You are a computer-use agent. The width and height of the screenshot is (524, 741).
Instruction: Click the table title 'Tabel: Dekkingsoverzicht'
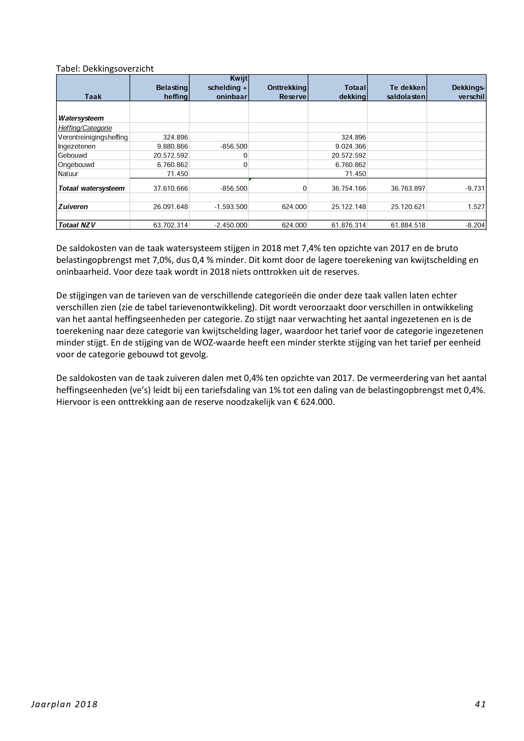(x=105, y=69)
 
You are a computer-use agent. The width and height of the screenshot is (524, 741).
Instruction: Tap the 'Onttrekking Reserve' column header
(x=287, y=92)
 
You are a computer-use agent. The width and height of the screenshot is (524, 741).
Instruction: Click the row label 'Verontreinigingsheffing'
(x=93, y=137)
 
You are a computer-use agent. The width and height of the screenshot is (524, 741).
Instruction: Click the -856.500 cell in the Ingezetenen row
(x=234, y=146)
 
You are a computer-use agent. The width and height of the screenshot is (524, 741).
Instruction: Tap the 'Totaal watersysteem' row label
(x=91, y=189)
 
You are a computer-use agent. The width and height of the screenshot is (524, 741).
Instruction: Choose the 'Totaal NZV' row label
(x=77, y=225)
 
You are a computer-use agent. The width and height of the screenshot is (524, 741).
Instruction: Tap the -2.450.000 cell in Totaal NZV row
(x=231, y=225)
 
